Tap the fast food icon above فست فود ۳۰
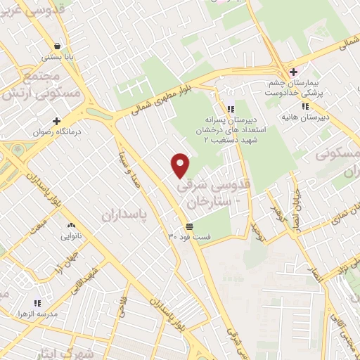(189, 226)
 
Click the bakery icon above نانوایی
(70, 226)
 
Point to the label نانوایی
(71, 236)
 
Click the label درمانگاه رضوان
(56, 131)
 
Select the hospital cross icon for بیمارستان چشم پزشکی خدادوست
(293, 72)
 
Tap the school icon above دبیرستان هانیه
(304, 107)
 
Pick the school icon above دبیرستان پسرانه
(231, 109)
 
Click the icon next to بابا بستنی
(51, 47)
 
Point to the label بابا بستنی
(51, 58)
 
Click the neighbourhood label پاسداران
(127, 214)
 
